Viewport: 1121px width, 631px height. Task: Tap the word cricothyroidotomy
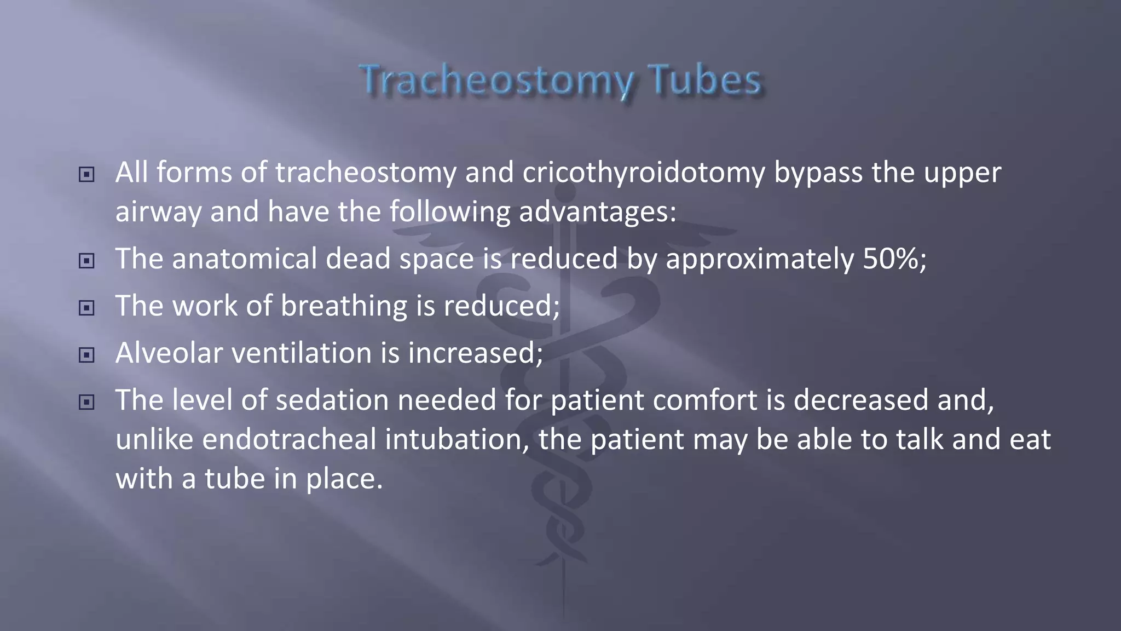click(x=643, y=173)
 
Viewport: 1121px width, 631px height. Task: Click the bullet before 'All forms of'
click(x=86, y=175)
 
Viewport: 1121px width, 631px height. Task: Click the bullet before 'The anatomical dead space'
click(x=86, y=261)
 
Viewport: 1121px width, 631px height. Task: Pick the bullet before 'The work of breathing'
click(x=86, y=308)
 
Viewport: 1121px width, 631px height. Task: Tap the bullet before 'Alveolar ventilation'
click(x=86, y=355)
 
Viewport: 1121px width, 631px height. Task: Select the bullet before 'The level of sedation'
click(x=86, y=403)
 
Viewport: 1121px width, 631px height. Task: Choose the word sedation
click(x=332, y=400)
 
